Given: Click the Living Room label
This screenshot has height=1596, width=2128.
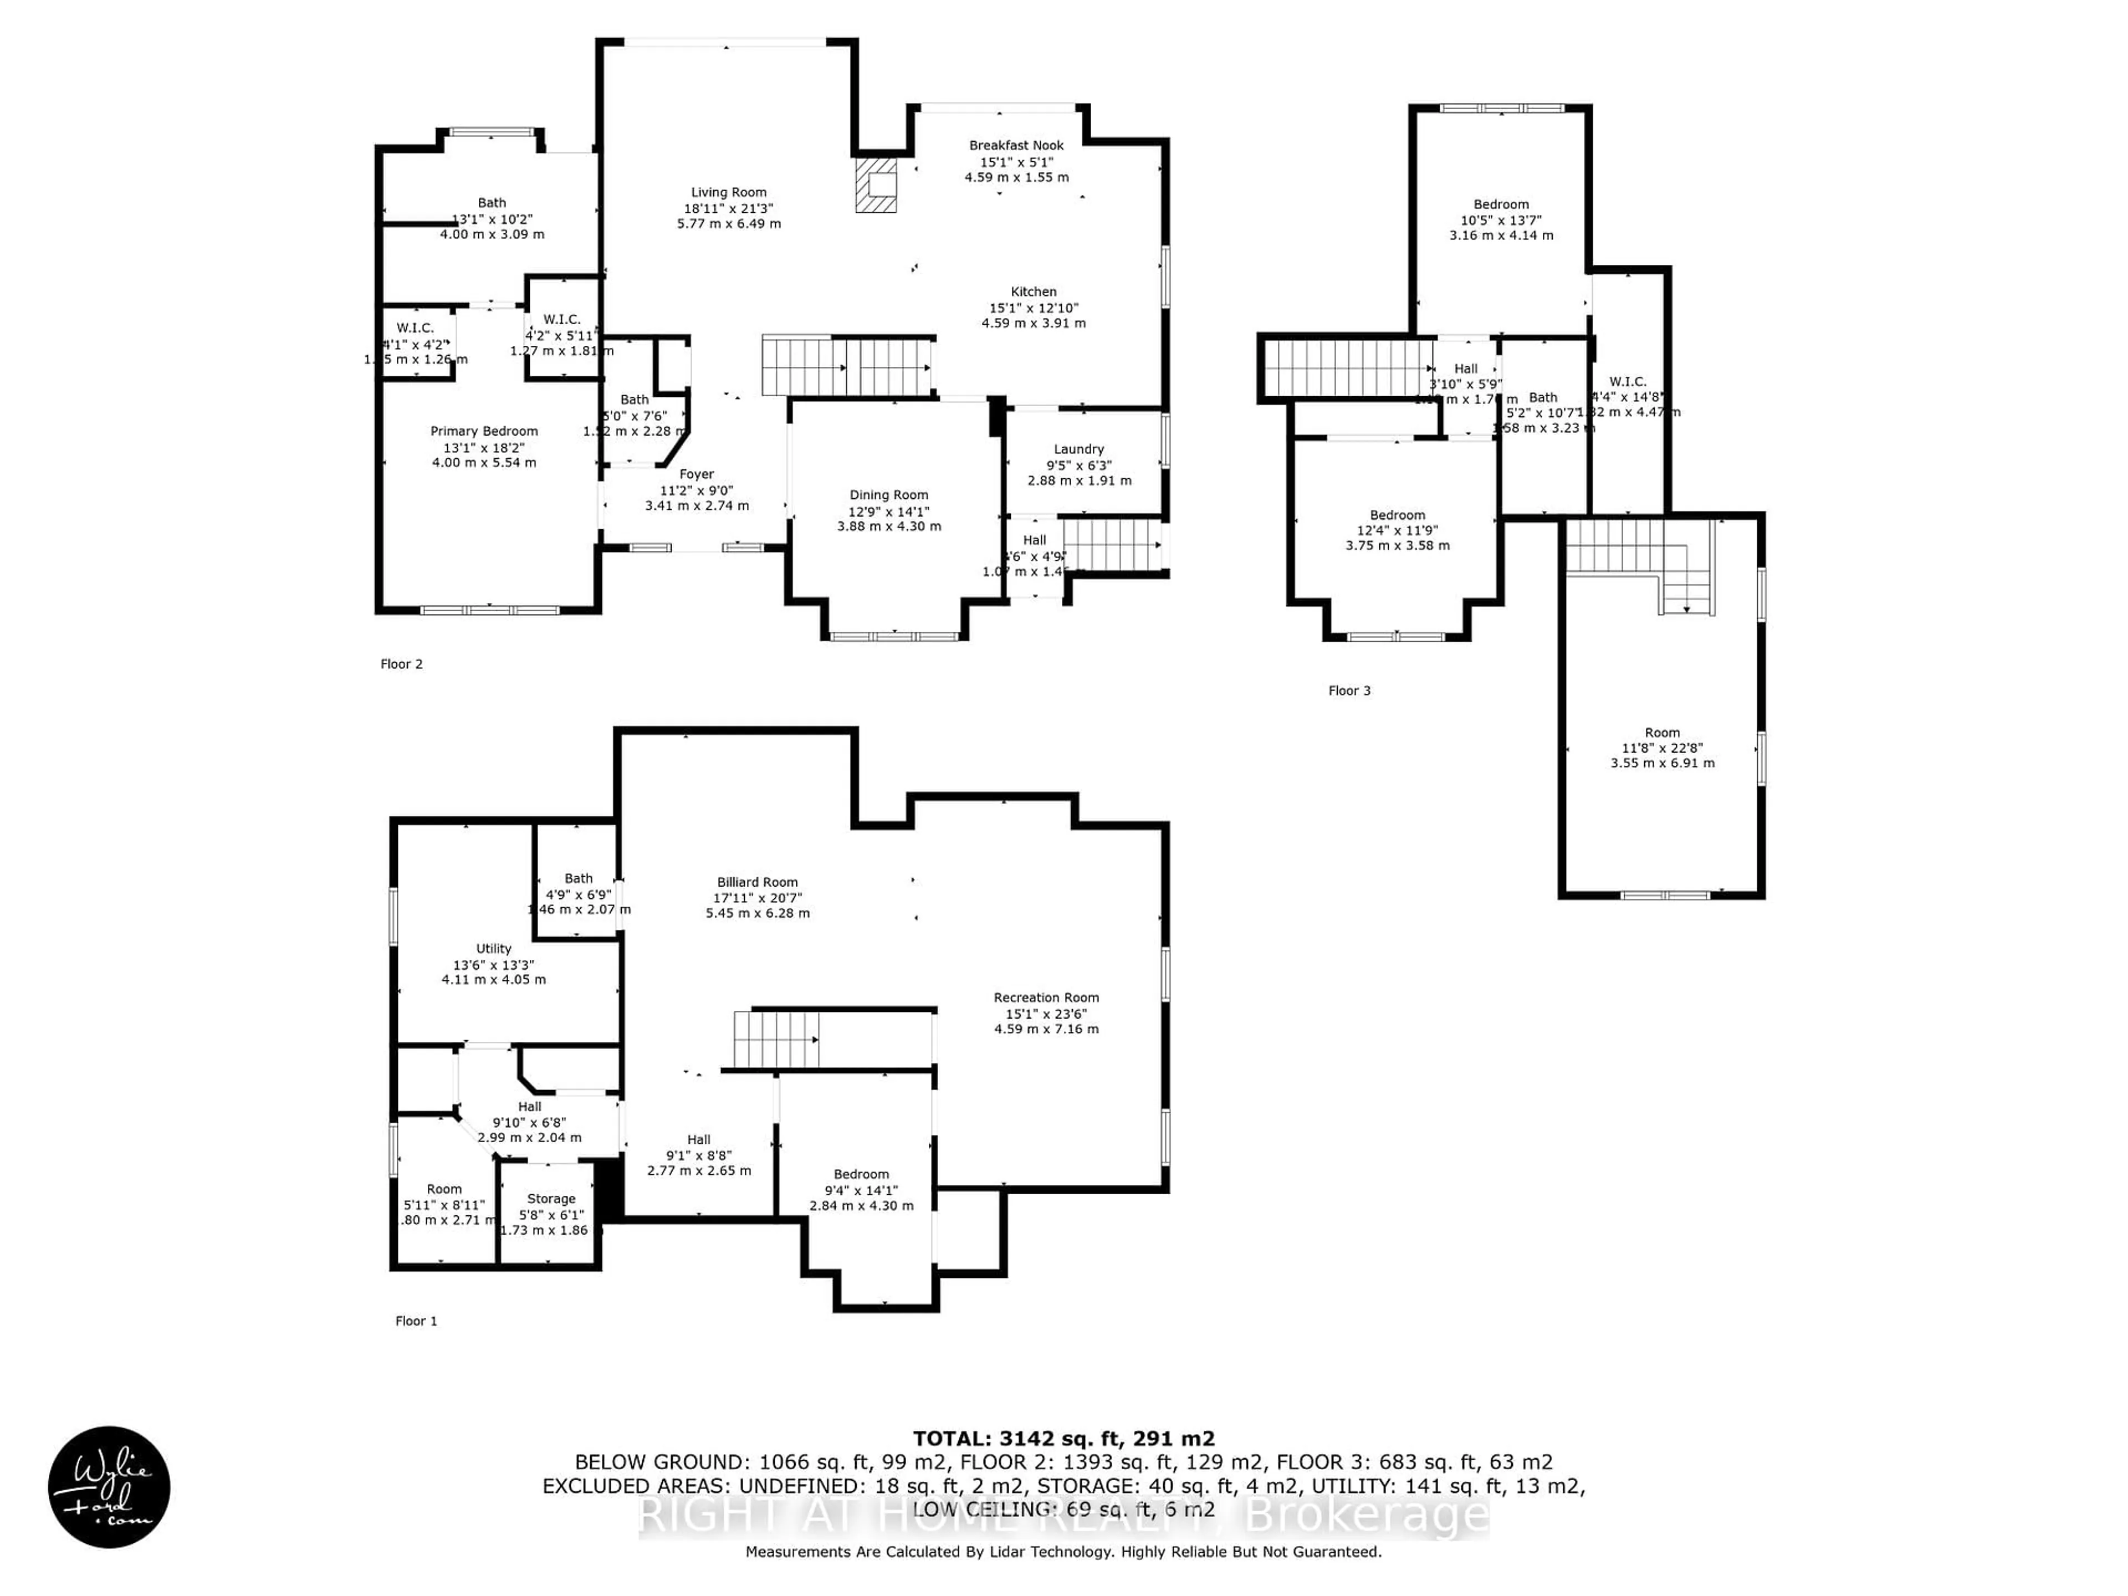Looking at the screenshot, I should coord(728,192).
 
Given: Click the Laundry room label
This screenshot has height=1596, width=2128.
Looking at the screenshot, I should coord(1078,449).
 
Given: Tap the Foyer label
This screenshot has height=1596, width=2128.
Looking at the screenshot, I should coord(697,474).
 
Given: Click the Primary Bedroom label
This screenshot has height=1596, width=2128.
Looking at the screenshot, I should coord(484,431).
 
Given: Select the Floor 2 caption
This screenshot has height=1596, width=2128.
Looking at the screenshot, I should coord(401,664).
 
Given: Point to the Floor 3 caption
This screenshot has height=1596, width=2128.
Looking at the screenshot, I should coord(1349,690).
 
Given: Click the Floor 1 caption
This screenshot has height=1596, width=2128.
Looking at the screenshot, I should coord(416,1321).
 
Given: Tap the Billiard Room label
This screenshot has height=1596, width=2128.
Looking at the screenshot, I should coord(757,882).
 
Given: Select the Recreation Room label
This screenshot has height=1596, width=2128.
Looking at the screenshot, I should coord(1046,997).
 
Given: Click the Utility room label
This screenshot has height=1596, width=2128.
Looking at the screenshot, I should coord(494,949).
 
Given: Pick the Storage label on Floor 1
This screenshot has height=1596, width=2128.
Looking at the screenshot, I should coord(551,1199).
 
